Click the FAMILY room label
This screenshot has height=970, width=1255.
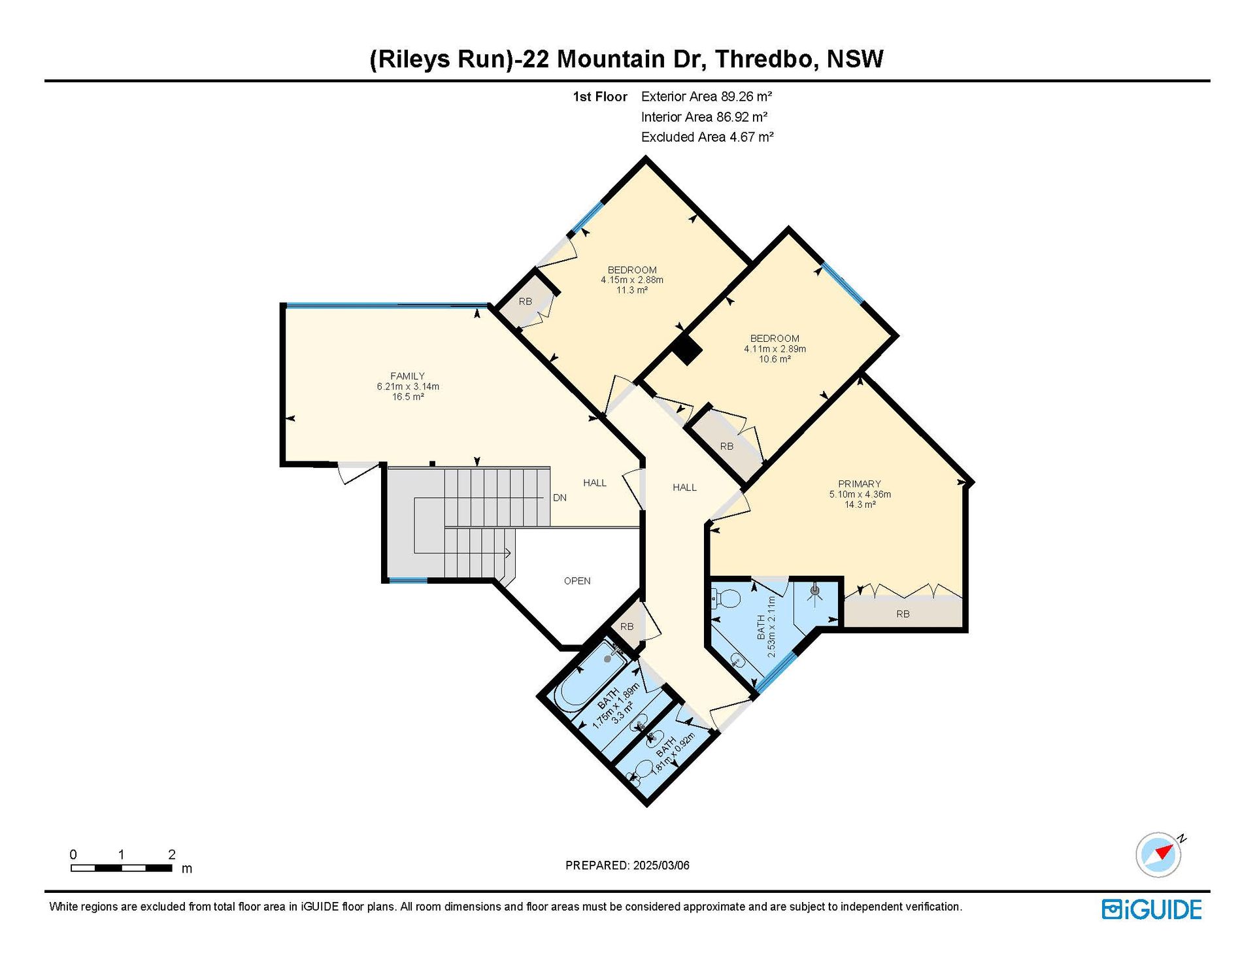point(407,376)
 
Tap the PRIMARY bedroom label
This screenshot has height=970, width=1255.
point(860,484)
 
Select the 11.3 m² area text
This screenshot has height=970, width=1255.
point(632,290)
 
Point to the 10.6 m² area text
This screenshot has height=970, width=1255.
point(775,359)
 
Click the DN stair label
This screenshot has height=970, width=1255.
point(560,497)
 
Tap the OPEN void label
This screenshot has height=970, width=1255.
point(577,580)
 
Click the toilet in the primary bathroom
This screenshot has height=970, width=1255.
point(725,597)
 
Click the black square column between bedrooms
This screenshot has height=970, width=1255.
point(687,349)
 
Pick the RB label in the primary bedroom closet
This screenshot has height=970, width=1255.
point(903,614)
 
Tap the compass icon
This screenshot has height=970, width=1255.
point(1159,854)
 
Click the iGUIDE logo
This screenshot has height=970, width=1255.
point(1152,909)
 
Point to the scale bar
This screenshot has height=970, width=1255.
point(122,868)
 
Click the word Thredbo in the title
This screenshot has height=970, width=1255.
point(766,59)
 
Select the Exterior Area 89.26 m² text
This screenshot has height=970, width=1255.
point(707,97)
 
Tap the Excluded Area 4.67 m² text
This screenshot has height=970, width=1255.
point(707,137)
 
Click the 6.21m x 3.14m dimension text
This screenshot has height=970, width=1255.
point(408,386)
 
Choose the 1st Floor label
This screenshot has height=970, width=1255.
point(600,97)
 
